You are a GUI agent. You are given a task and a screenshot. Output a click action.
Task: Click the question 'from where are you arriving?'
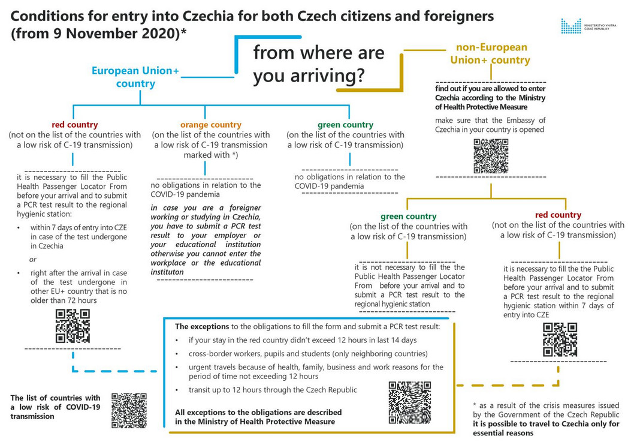click(x=318, y=64)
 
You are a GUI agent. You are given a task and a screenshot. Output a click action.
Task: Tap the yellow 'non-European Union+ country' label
click(x=492, y=53)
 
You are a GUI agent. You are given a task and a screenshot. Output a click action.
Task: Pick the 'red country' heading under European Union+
click(x=75, y=125)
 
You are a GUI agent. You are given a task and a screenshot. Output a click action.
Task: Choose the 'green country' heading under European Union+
click(x=345, y=125)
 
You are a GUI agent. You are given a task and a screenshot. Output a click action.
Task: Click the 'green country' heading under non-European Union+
click(x=409, y=216)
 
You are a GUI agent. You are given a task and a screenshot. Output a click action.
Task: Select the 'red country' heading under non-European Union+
click(x=558, y=215)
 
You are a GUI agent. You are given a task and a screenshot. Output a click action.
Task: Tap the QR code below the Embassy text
click(x=491, y=156)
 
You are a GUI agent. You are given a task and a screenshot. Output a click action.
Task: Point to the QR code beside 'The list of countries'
click(x=129, y=411)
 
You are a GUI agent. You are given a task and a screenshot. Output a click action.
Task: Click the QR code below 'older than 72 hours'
click(x=73, y=326)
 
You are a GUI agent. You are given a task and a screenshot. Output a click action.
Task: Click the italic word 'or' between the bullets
click(x=34, y=259)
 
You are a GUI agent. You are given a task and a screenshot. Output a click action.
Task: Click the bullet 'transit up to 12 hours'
click(x=273, y=390)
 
